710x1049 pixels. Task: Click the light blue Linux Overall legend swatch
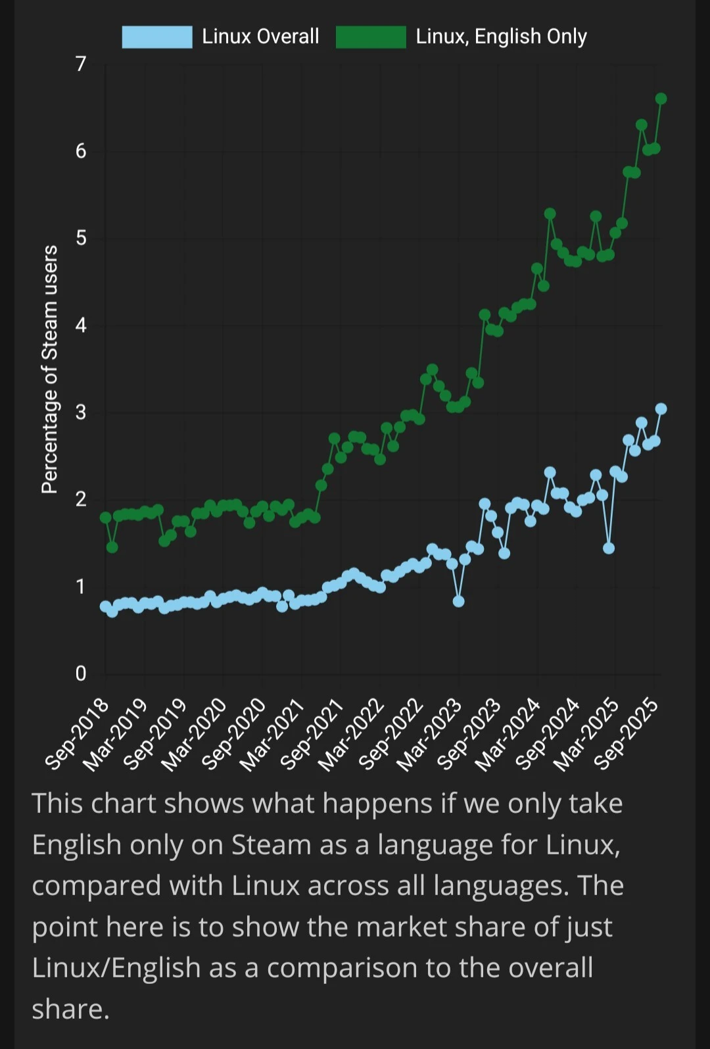tap(157, 37)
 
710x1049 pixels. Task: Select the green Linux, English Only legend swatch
tap(371, 37)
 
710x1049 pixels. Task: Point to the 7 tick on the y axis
tap(81, 64)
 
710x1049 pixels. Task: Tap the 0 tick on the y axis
tap(81, 673)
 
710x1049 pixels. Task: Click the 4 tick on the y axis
tap(81, 325)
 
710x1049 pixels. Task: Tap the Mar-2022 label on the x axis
tap(352, 735)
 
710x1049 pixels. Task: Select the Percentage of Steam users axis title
tap(50, 369)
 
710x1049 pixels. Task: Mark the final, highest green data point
tap(661, 99)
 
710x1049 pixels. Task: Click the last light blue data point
tap(661, 409)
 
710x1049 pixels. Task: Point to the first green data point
tap(105, 518)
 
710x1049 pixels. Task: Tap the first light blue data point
tap(105, 606)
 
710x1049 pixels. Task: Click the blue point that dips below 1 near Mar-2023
tap(458, 601)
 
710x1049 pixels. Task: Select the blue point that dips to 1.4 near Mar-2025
tap(609, 548)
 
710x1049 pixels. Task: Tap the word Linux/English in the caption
tap(116, 968)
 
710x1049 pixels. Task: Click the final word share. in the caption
tap(70, 1010)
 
